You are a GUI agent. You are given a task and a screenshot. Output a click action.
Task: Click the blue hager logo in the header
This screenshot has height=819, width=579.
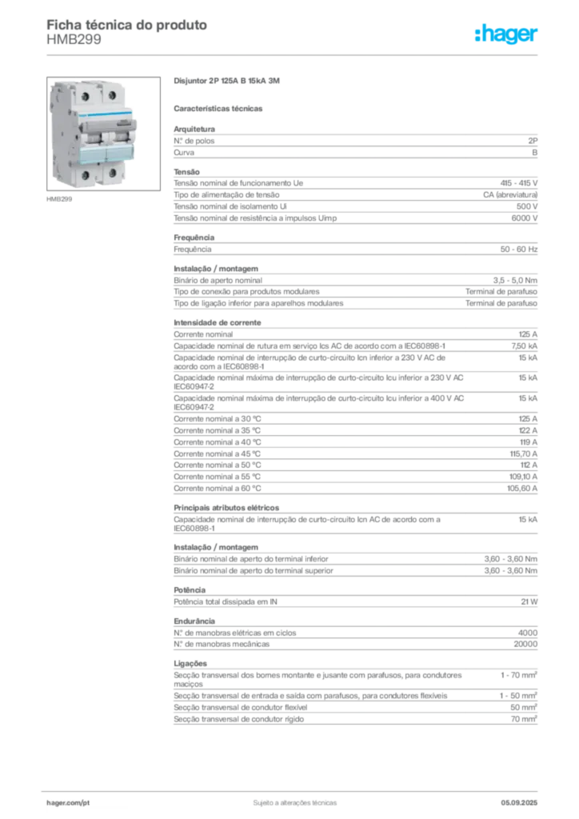507,35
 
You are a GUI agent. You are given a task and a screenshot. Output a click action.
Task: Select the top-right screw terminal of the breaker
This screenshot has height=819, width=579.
110,94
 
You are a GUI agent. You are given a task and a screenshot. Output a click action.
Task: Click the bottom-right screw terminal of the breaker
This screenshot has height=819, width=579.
112,171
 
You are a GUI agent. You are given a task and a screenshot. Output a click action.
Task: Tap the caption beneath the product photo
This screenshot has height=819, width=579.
61,200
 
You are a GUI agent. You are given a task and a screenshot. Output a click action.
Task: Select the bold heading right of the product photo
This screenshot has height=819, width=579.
226,82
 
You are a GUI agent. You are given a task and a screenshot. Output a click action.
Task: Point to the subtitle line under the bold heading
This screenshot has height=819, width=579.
221,107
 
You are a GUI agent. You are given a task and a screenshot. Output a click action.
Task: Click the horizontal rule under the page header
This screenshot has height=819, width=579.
294,54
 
